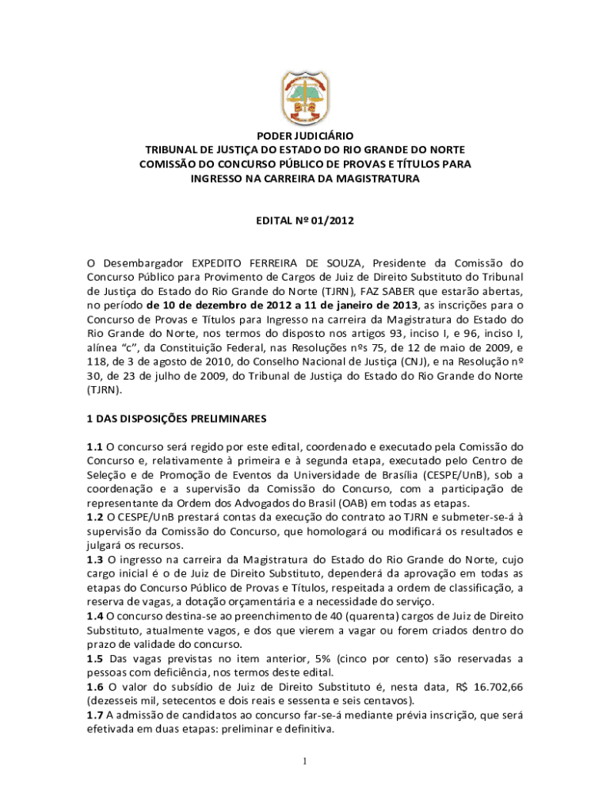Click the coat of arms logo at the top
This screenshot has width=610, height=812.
pos(304,94)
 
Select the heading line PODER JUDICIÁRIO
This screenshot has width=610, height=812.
pos(304,136)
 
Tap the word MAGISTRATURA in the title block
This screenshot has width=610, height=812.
pos(377,179)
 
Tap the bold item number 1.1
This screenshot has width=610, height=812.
pos(95,446)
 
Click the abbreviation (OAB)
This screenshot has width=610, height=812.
pos(337,504)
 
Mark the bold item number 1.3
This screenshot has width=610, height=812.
pos(95,560)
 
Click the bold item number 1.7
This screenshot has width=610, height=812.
pos(95,715)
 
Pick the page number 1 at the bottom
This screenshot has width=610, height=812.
pos(305,762)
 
